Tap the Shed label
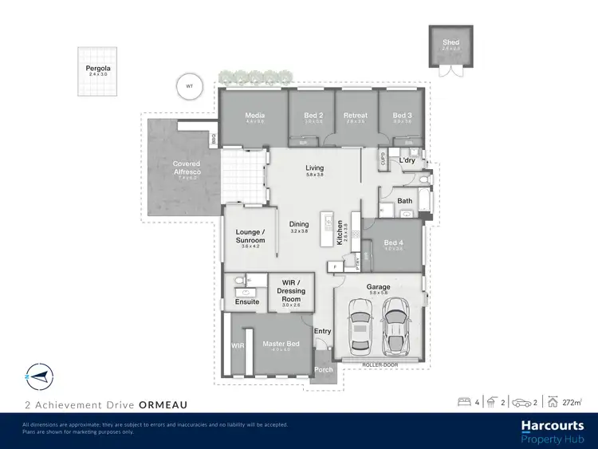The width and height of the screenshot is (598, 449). tap(450, 42)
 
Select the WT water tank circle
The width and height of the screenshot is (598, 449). tap(190, 85)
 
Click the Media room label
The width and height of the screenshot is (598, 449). tap(255, 116)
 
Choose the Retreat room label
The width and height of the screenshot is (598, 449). tap(355, 116)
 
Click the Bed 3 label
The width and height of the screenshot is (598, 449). tap(402, 116)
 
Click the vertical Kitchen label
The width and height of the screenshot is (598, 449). tap(340, 231)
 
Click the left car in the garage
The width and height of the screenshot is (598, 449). tap(360, 330)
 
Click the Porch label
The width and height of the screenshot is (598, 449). tap(324, 370)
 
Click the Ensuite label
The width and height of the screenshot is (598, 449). tap(247, 301)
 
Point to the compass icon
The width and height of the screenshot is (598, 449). tap(37, 374)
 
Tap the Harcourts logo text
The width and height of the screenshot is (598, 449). tap(553, 427)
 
